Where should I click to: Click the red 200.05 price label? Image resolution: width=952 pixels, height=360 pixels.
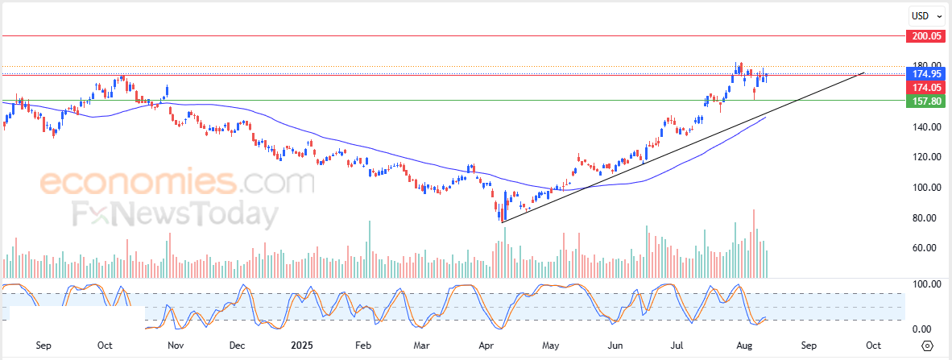tap(926, 35)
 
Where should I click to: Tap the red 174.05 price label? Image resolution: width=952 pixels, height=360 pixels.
tap(926, 88)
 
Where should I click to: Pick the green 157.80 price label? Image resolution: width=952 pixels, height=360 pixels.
tap(926, 101)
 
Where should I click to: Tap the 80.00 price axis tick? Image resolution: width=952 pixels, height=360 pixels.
tap(929, 218)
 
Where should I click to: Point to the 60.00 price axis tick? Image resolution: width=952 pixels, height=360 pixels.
tap(929, 248)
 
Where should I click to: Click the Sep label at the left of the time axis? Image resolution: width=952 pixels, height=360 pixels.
tap(43, 346)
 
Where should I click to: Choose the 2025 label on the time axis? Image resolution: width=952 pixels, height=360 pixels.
tap(300, 346)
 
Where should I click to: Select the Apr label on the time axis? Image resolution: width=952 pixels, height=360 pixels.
tap(486, 346)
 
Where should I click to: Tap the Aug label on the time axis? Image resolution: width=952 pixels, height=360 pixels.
tap(743, 346)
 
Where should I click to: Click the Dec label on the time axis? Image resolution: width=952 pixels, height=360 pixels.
tap(238, 346)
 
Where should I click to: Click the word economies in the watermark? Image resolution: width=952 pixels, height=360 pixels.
tap(138, 181)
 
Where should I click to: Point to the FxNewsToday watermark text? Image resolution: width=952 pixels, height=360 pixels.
tap(174, 214)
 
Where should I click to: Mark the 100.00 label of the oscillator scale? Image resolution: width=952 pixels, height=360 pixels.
tap(926, 284)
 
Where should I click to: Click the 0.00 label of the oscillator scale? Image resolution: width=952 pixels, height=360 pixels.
tap(929, 329)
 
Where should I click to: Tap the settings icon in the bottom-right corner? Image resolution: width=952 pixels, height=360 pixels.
tap(928, 346)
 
